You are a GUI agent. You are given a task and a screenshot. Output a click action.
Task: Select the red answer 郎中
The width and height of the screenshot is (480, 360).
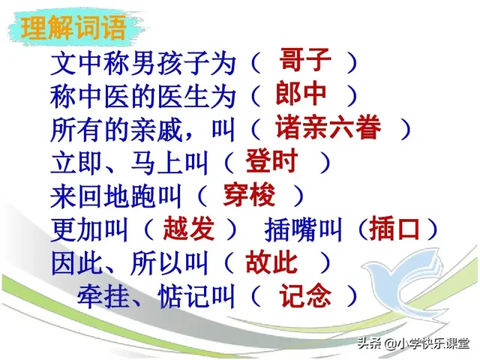point(301,94)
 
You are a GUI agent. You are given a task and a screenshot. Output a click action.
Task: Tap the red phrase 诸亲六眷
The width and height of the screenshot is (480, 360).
point(327,127)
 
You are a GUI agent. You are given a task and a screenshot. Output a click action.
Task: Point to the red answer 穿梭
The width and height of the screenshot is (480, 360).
point(248,195)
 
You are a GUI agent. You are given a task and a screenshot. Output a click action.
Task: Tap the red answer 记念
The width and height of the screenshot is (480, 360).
point(304,297)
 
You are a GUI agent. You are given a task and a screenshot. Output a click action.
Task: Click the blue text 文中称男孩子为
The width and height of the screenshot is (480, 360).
point(143,61)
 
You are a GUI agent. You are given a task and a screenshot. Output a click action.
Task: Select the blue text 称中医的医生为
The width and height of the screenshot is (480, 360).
point(143,95)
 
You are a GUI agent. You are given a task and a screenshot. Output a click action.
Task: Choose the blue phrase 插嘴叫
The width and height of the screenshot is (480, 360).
point(305,230)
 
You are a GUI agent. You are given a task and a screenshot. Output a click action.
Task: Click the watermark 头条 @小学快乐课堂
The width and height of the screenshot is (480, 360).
point(412,343)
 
